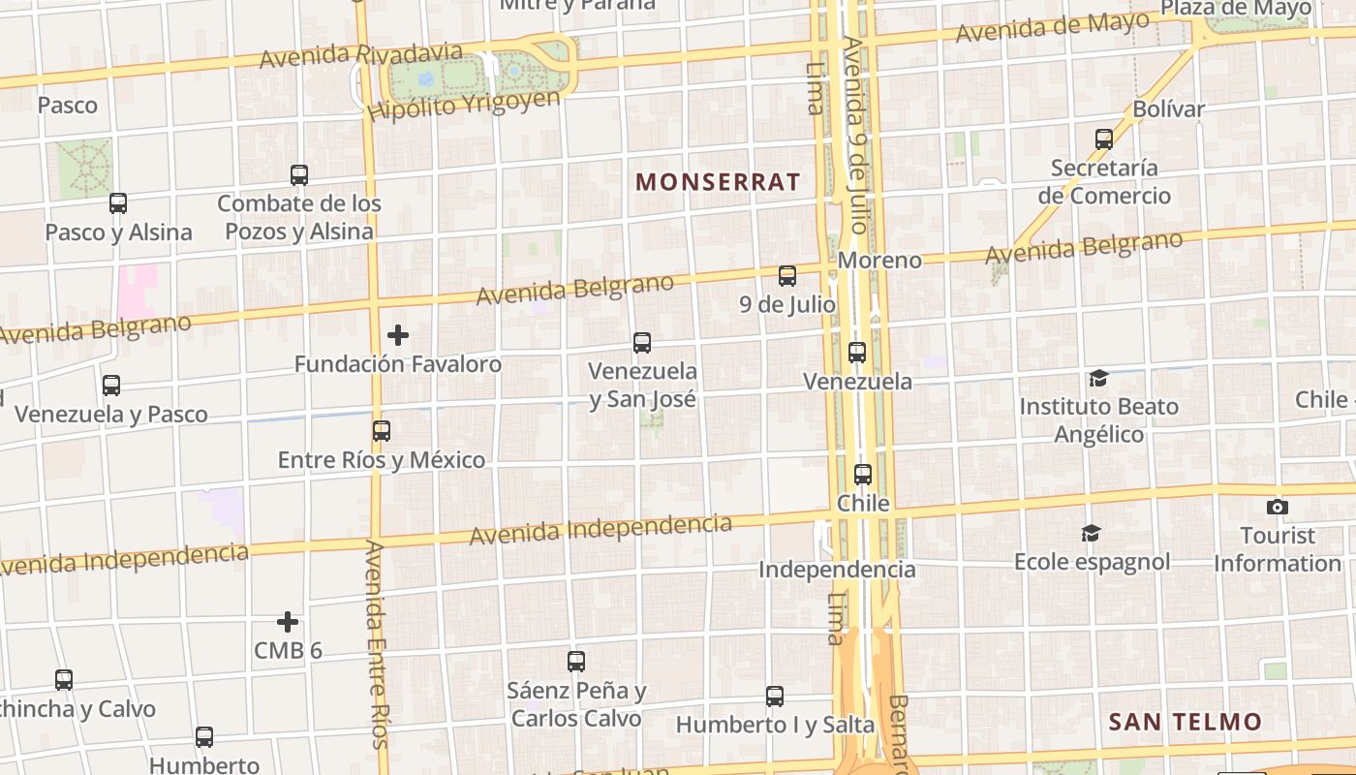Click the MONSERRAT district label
[718, 182]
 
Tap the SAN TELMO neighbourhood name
[1185, 722]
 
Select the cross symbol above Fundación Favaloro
[398, 335]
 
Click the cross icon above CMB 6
[288, 622]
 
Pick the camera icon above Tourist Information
[1278, 507]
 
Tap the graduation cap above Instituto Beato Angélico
[1098, 378]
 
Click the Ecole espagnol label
[1092, 562]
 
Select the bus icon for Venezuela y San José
[642, 342]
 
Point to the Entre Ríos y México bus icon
[382, 430]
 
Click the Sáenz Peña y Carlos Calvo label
[576, 704]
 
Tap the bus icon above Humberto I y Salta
[775, 696]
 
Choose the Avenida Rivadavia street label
[360, 55]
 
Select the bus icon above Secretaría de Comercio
[1104, 139]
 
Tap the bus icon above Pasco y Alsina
[118, 203]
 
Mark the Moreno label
[879, 261]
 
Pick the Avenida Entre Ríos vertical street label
[377, 644]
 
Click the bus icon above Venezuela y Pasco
[111, 386]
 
